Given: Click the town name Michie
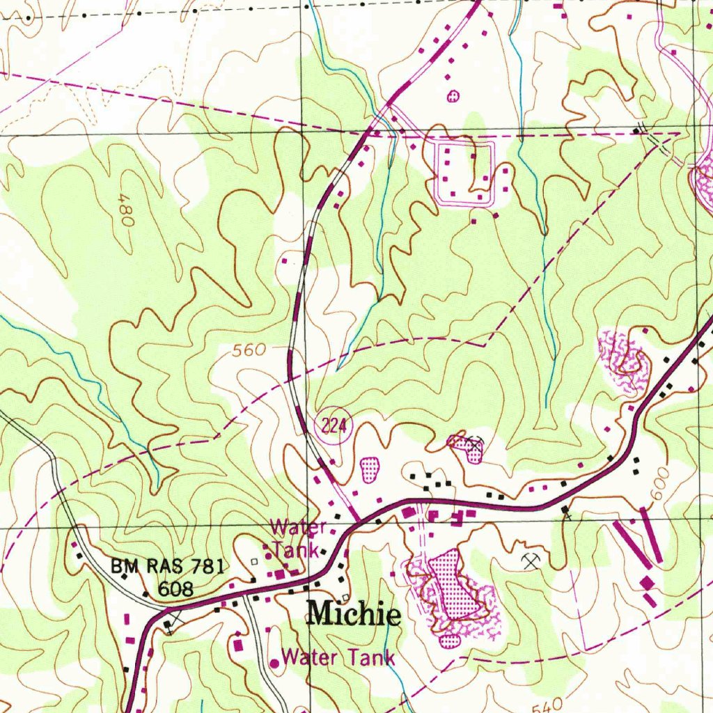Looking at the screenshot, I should pyautogui.click(x=354, y=614).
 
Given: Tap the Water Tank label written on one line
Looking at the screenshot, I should pyautogui.click(x=338, y=657).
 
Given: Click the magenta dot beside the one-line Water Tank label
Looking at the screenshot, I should pyautogui.click(x=274, y=664).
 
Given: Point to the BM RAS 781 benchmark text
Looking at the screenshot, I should pyautogui.click(x=167, y=567).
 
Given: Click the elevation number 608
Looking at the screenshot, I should pyautogui.click(x=175, y=589).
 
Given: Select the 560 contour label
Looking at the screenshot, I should pyautogui.click(x=249, y=350).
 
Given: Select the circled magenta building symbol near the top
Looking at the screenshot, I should pyautogui.click(x=453, y=96).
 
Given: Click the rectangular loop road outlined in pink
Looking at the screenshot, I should pyautogui.click(x=464, y=172).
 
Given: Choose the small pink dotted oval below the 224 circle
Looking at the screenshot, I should pyautogui.click(x=369, y=469).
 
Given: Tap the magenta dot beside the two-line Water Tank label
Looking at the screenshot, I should pyautogui.click(x=268, y=556).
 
